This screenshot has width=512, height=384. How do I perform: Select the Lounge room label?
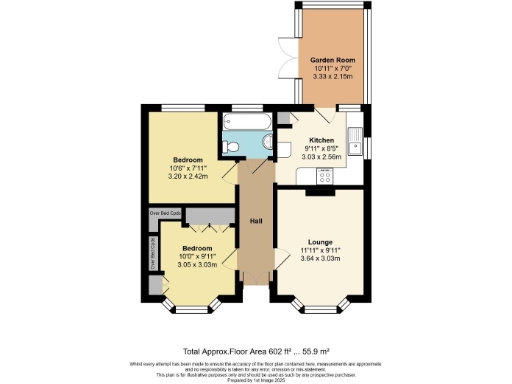[320, 242]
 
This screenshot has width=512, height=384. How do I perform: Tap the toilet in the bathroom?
[232, 147]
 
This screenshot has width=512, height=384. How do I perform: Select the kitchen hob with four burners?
[325, 175]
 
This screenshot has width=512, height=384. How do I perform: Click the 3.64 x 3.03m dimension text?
[320, 260]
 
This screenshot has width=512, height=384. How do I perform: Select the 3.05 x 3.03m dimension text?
[196, 265]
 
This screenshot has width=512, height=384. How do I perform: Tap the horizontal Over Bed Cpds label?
[164, 213]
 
